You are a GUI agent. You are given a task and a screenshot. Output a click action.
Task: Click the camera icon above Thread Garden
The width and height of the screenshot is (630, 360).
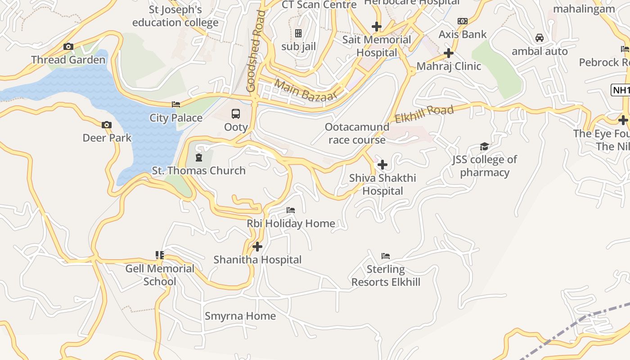click(68, 46)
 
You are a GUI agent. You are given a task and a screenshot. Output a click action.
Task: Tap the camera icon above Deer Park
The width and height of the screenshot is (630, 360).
click(107, 125)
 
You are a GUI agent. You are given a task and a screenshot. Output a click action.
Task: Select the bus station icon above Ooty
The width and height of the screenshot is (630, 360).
click(236, 113)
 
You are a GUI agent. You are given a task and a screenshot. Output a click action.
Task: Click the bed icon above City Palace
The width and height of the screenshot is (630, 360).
click(176, 104)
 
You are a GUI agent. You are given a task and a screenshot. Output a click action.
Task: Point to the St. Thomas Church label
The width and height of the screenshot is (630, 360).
click(198, 171)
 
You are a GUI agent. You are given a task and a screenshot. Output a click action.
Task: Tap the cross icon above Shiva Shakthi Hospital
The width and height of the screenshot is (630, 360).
click(382, 165)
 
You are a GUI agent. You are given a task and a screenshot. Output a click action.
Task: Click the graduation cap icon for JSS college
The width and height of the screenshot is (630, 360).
click(484, 146)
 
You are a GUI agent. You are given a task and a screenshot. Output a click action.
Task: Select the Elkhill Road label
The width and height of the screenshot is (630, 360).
click(424, 114)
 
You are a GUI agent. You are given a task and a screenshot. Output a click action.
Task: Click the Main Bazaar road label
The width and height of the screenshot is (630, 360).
click(306, 90)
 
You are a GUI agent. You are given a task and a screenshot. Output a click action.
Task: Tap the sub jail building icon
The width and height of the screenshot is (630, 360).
click(298, 33)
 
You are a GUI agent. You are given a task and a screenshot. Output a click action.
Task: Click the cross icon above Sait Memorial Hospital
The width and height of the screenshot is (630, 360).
click(377, 27)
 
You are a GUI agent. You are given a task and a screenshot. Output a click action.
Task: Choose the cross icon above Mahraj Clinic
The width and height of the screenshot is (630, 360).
click(448, 53)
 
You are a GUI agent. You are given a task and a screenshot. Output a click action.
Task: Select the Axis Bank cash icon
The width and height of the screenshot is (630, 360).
click(462, 21)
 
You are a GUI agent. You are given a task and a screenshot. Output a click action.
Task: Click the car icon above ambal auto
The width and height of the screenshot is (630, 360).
click(540, 38)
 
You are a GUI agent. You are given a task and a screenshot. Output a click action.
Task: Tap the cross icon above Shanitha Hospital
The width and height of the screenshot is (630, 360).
click(257, 247)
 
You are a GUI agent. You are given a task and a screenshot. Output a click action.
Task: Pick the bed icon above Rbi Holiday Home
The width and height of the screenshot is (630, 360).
click(291, 210)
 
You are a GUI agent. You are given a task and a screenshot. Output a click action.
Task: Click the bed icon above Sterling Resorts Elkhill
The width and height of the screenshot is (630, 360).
click(386, 256)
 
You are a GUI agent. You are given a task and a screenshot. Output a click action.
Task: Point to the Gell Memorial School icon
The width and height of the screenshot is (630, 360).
click(159, 255)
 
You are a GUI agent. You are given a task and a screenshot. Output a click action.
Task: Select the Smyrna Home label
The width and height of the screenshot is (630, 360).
click(240, 316)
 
